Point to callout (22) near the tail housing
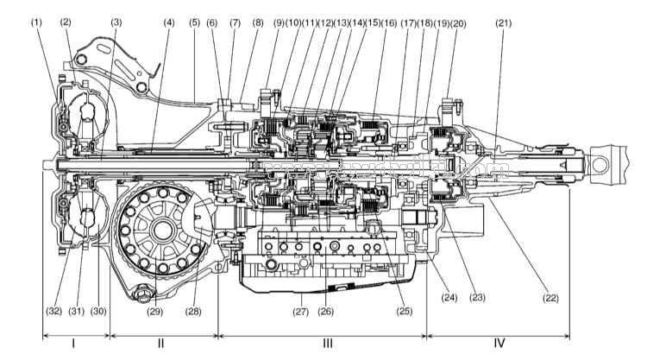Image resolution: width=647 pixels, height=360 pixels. click(550, 298)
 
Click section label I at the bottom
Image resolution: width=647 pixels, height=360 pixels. click(73, 344)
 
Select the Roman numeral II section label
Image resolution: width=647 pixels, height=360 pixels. click(161, 344)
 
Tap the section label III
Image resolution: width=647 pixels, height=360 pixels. click(327, 344)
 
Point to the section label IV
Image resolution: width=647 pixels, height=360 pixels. click(499, 344)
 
